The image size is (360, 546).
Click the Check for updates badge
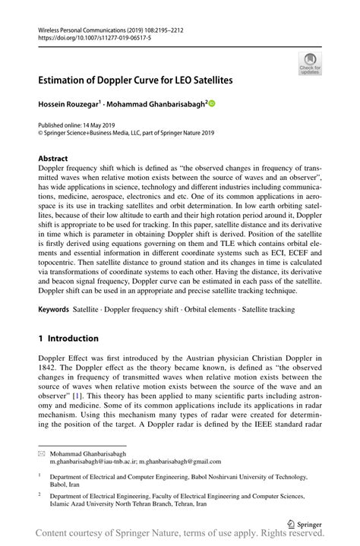[x=309, y=64]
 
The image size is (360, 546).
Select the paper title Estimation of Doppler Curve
[x=136, y=79]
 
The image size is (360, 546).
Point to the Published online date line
[x=81, y=124]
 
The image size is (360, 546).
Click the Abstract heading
[x=58, y=159]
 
